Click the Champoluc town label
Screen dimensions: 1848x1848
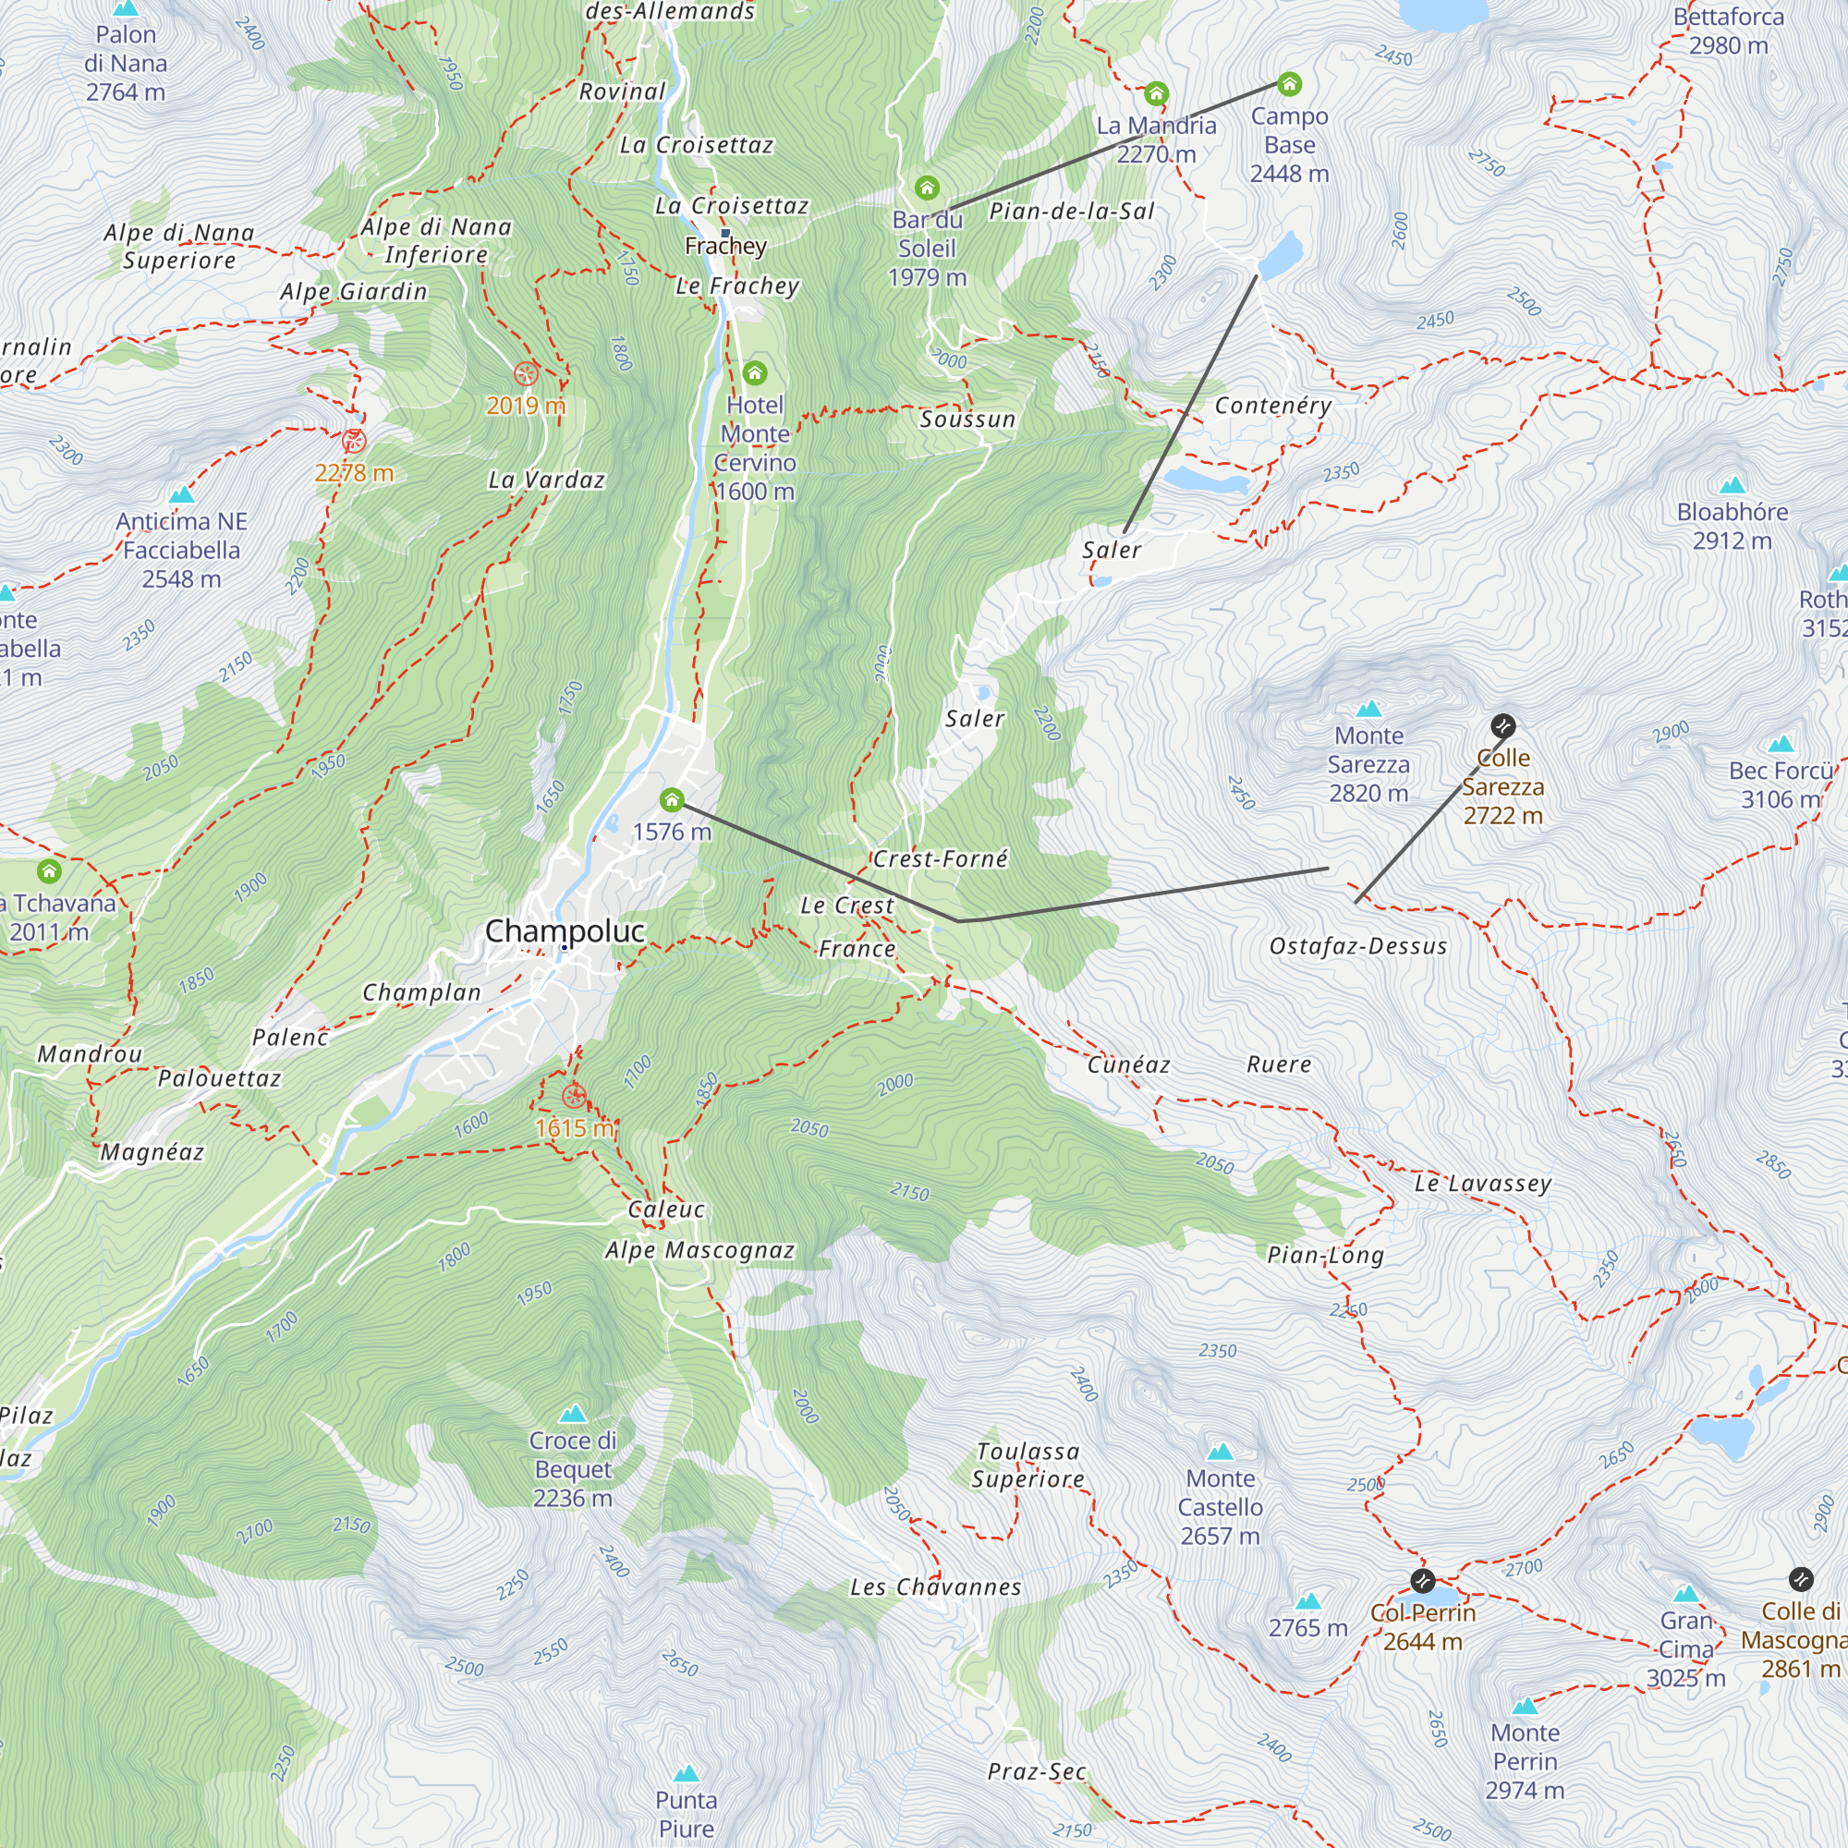[x=565, y=930]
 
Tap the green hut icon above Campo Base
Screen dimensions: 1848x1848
[x=1289, y=84]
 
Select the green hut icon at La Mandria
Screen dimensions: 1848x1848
[x=1157, y=93]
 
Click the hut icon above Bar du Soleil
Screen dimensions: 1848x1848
[x=926, y=188]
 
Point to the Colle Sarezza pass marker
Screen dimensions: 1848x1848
[x=1502, y=725]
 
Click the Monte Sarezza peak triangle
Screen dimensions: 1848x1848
[x=1368, y=709]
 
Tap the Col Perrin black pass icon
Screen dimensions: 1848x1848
[x=1422, y=1580]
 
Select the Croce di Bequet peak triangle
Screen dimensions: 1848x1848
[x=572, y=1414]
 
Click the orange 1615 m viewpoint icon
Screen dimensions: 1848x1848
[x=574, y=1096]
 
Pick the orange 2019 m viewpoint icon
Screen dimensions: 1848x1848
[x=525, y=373]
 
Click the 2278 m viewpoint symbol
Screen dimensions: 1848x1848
[x=354, y=441]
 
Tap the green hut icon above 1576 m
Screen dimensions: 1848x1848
[x=672, y=799]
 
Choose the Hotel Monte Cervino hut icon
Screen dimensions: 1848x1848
[x=755, y=372]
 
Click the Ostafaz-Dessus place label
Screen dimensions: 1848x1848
[x=1357, y=946]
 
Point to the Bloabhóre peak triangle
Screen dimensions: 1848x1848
[x=1732, y=485]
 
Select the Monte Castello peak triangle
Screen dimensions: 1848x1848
[x=1220, y=1452]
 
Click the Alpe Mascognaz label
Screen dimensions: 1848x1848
[x=699, y=1250]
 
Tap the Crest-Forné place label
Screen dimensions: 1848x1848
[x=941, y=859]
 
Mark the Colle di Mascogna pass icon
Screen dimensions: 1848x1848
[x=1800, y=1579]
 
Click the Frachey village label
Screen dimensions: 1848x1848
[x=725, y=246]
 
